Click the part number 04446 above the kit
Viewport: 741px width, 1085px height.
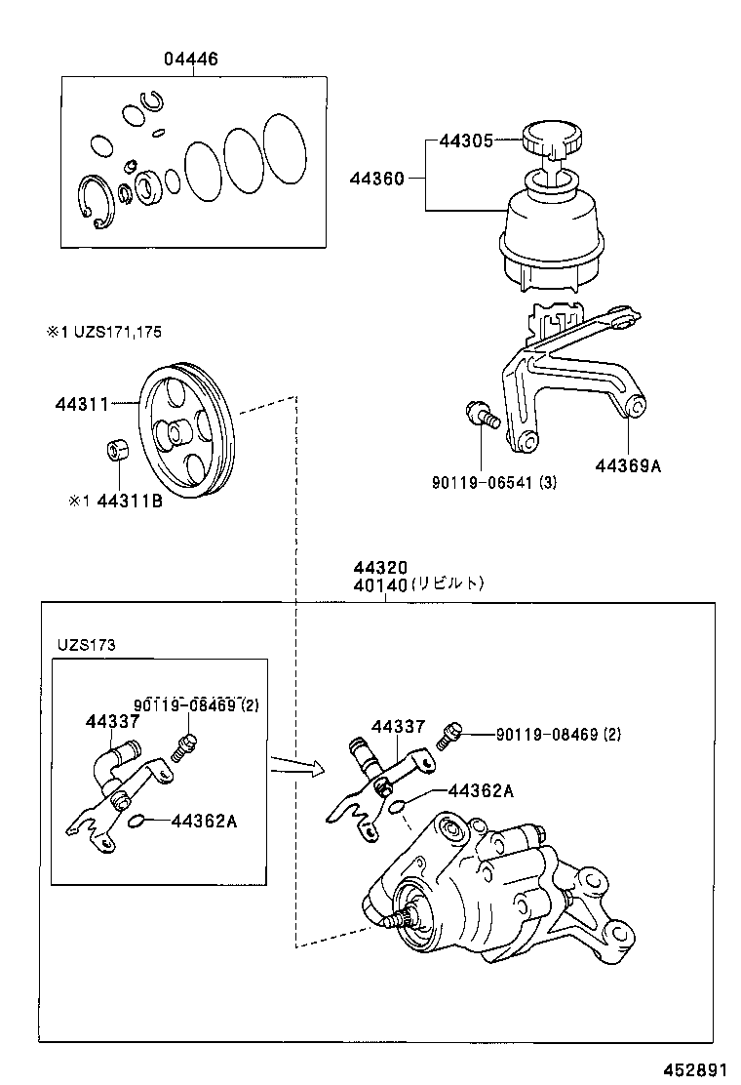point(190,60)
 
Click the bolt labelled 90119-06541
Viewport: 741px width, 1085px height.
point(483,417)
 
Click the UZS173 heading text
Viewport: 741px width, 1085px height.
point(85,645)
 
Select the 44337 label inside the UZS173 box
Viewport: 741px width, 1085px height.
point(112,721)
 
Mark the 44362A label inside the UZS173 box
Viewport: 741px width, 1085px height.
point(204,820)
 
